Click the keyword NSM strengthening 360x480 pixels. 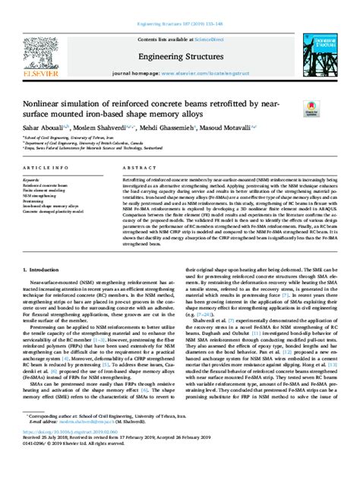pos(41,194)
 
